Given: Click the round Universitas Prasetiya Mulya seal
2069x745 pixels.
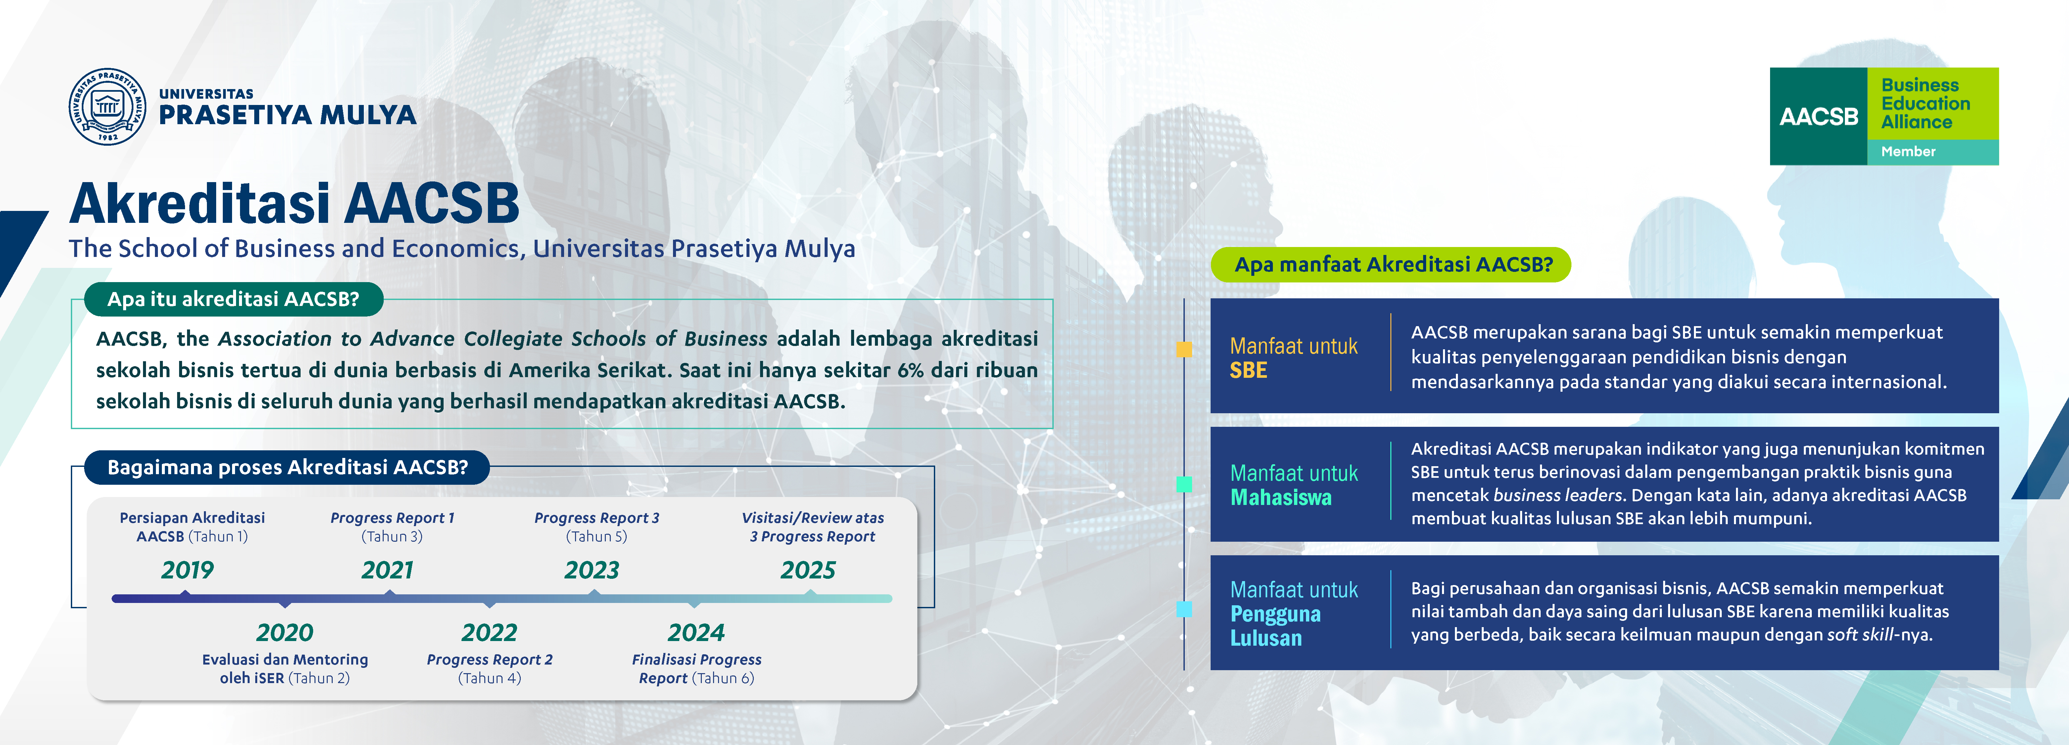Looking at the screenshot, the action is coord(108,106).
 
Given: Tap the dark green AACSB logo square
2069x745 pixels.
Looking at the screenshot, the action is coord(1818,117).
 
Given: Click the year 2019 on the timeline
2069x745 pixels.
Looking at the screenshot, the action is coord(187,570).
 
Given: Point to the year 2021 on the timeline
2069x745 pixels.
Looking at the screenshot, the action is coord(387,570).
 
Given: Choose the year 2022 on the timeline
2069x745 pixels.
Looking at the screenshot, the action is coord(489,632).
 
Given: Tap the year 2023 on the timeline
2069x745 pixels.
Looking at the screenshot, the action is coord(592,570).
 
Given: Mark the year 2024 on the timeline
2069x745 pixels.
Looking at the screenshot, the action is coord(696,632).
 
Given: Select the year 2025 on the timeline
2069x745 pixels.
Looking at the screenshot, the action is coord(808,570).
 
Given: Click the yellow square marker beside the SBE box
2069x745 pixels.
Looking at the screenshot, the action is coord(1184,349).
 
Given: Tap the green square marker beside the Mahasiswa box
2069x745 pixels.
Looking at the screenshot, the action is coord(1184,484).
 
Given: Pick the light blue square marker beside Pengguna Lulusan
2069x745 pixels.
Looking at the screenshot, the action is coord(1184,609).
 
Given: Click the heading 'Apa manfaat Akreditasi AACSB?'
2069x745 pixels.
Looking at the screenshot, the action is coord(1394,265).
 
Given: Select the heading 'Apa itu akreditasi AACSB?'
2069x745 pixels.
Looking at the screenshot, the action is coord(233,299).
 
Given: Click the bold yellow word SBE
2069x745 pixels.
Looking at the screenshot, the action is coord(1248,371).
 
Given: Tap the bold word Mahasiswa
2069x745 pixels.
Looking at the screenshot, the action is coord(1281,497).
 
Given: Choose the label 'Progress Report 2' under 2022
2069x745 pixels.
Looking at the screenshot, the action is coord(489,660).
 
